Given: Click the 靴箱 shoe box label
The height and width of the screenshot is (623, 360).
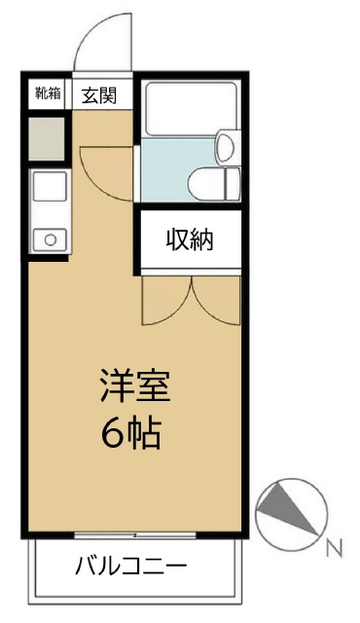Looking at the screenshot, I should tap(48, 94).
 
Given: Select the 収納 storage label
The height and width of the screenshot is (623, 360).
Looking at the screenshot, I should tap(188, 238).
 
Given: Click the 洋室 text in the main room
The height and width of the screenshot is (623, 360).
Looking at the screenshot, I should tap(134, 386).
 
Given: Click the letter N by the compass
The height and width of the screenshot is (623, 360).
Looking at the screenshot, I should tap(334, 548).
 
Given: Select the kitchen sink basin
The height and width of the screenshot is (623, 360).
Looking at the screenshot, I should tap(48, 187).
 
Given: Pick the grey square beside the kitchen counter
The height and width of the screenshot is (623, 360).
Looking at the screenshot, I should tap(47, 138).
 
